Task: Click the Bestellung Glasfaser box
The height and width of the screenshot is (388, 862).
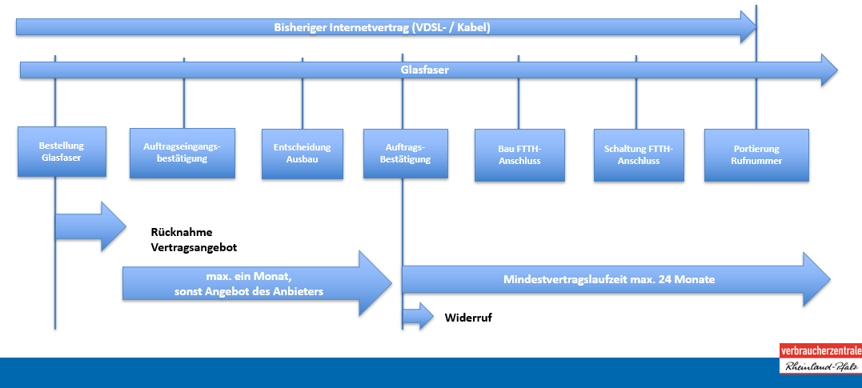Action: tap(61, 152)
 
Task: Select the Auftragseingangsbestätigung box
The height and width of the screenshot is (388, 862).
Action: tap(182, 154)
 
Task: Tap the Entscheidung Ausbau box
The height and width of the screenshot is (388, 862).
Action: tap(302, 154)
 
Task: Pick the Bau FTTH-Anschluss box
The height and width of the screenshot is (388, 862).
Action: tap(519, 154)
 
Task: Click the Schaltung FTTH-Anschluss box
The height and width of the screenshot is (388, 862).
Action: tap(639, 154)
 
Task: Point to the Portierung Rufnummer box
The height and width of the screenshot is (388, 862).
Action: tap(756, 154)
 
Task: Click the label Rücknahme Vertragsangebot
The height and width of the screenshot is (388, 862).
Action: tap(194, 240)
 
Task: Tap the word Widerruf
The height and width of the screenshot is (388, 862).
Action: tap(468, 318)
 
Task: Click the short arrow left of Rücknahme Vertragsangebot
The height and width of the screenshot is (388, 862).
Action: tap(88, 226)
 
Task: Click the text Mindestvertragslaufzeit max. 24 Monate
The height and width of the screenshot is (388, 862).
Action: tap(608, 280)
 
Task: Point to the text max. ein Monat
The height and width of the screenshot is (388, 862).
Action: tap(248, 276)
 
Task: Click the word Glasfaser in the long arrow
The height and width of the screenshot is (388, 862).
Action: tap(424, 70)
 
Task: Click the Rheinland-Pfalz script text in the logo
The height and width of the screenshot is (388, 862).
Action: tap(820, 366)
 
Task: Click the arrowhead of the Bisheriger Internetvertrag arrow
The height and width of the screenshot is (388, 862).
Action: tap(748, 27)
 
